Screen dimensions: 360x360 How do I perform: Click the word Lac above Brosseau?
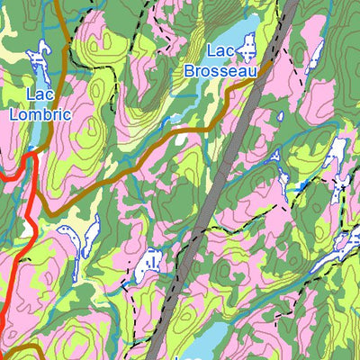click(x=221, y=51)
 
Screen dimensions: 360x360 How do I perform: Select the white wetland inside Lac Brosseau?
click(x=248, y=42)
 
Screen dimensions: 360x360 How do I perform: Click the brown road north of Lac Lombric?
click(x=56, y=18)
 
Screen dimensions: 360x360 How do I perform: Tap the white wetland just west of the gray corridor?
click(x=149, y=262)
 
